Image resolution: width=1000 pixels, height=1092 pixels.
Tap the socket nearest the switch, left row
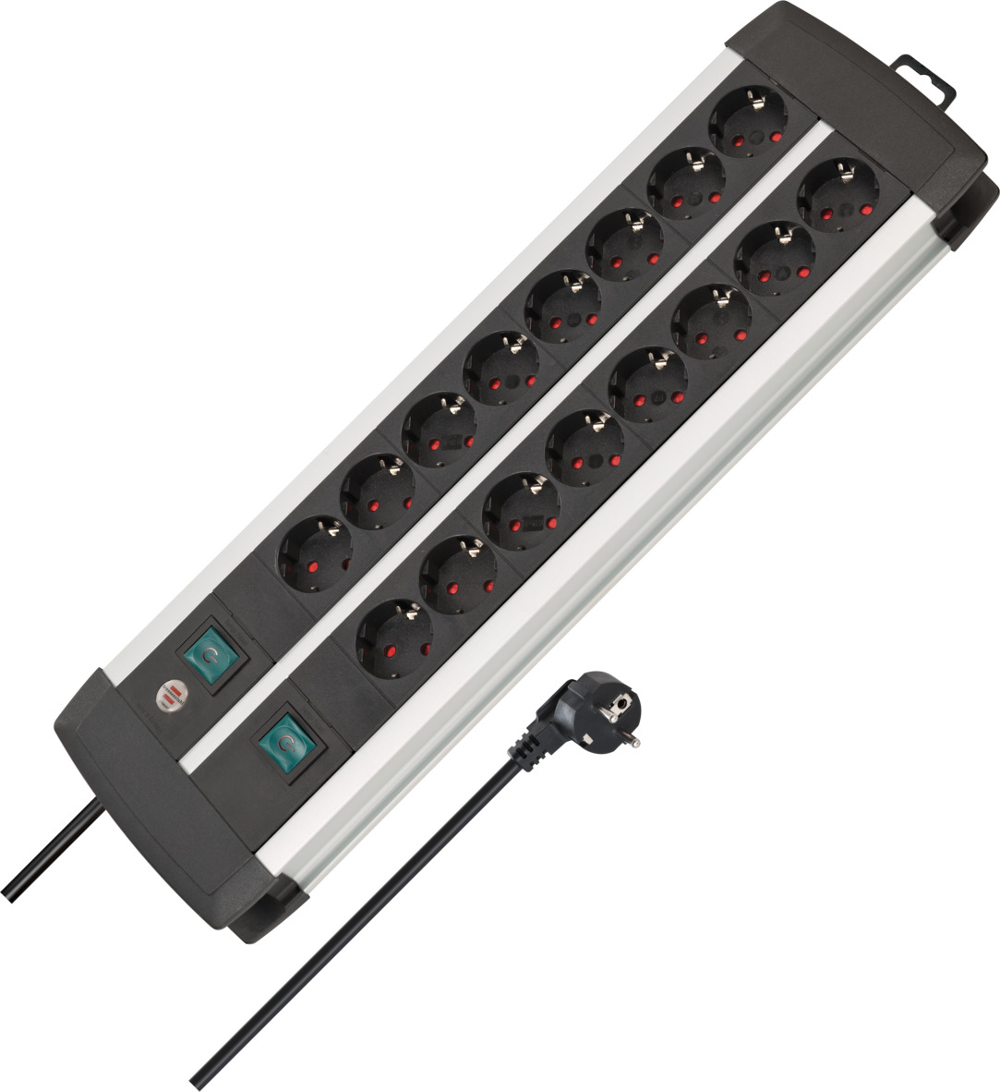(x=314, y=552)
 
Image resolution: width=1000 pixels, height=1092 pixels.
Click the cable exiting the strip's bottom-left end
(x=55, y=855)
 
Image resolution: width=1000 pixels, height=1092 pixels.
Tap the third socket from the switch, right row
(x=521, y=507)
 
